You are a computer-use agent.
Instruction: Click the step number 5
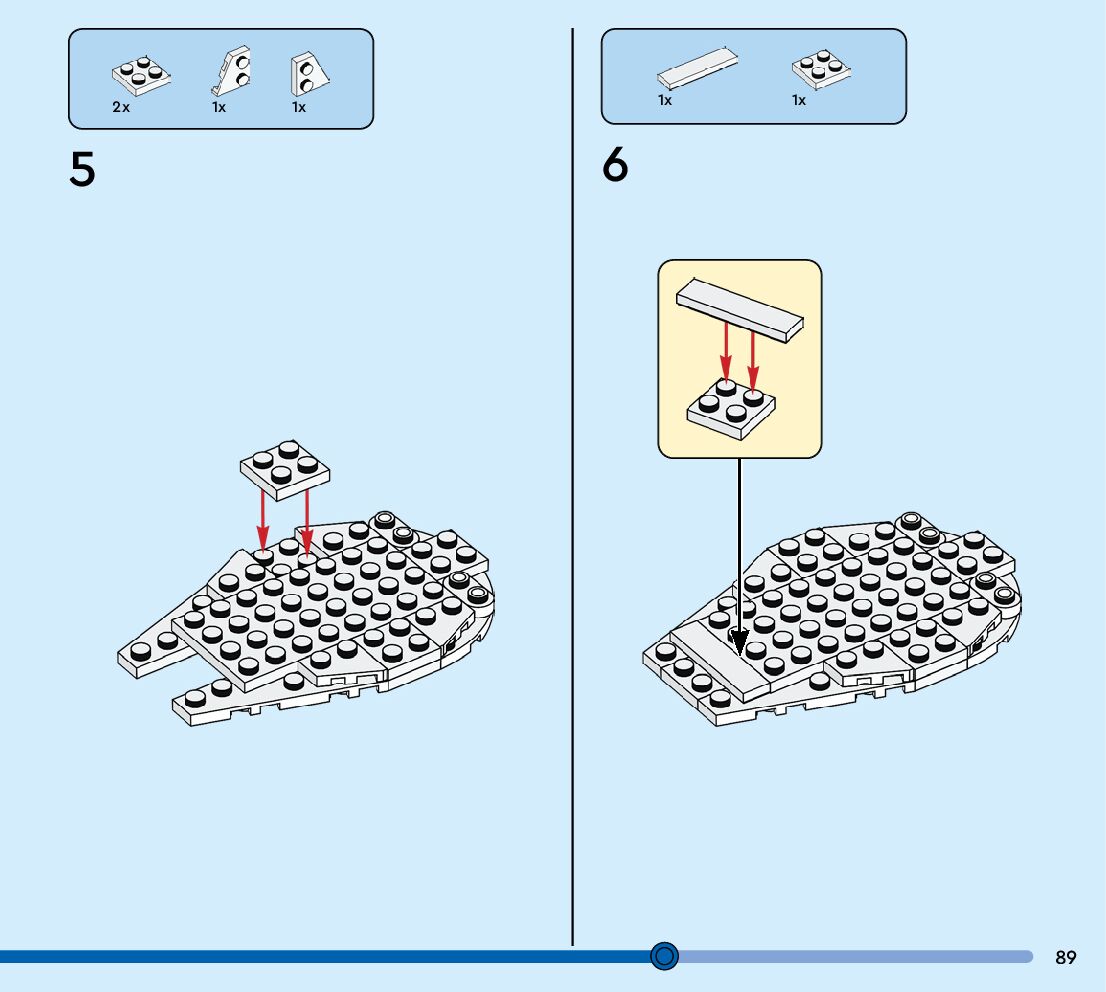point(83,170)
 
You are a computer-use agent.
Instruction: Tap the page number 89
point(1066,958)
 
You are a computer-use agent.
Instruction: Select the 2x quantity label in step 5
point(121,106)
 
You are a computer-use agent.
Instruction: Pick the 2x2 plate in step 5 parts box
point(139,74)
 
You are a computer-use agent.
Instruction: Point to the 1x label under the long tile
point(665,100)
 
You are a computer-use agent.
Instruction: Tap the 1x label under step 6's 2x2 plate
point(799,100)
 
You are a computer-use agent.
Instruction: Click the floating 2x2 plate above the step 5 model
point(285,468)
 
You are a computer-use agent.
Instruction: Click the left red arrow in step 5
point(263,518)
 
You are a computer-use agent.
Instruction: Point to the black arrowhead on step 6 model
point(740,641)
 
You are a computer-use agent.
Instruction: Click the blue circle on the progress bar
point(664,957)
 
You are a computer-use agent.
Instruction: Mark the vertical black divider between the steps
point(573,500)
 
